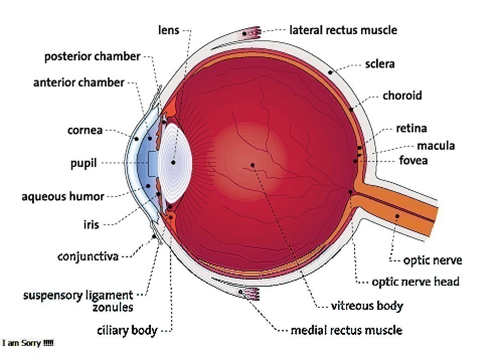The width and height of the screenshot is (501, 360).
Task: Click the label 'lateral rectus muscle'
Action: [343, 30]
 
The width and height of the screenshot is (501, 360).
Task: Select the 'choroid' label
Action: [402, 96]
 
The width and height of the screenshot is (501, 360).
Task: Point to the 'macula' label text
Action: [436, 146]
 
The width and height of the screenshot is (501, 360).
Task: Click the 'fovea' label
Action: [413, 161]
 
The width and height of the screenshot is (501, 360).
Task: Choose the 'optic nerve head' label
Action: [415, 282]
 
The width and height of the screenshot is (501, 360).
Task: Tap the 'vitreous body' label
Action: [367, 306]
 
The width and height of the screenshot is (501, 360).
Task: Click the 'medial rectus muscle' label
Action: [347, 330]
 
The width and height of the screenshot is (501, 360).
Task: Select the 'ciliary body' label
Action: [127, 331]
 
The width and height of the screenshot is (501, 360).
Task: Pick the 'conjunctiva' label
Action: [88, 257]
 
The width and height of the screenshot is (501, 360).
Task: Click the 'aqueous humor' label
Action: [63, 197]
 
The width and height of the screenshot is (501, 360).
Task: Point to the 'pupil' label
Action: [84, 164]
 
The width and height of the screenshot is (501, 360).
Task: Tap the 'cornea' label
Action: [85, 131]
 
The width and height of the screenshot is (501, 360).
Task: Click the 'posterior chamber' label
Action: [92, 56]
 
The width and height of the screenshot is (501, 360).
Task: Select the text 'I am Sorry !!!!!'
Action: [28, 343]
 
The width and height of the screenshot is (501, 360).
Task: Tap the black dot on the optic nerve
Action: [397, 216]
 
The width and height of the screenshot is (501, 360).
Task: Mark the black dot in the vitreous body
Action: [253, 164]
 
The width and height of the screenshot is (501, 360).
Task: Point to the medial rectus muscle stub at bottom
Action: [249, 293]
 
